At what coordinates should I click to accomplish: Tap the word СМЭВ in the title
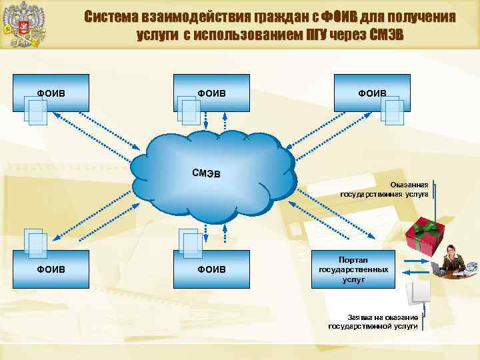click(387, 34)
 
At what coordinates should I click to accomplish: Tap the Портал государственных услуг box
click(353, 269)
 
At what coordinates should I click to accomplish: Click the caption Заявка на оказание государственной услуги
click(373, 321)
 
